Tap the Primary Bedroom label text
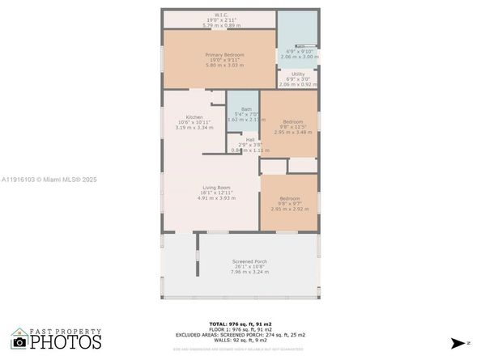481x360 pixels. (x=216, y=54)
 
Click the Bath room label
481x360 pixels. (x=246, y=108)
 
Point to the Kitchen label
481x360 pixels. (x=194, y=116)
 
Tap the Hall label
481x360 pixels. (x=250, y=139)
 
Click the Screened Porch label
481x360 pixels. (x=249, y=261)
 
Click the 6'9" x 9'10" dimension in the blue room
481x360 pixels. (x=298, y=51)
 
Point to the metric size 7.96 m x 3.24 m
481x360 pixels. (x=249, y=272)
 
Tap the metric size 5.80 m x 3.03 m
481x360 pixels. (x=216, y=65)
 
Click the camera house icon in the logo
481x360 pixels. (x=19, y=340)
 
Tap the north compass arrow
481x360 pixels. (x=459, y=343)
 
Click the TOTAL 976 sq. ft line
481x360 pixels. (x=241, y=322)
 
